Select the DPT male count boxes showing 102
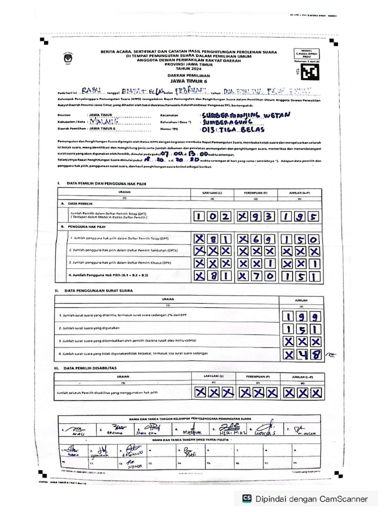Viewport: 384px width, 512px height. click(211, 216)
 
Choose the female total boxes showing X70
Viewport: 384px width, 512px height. click(256, 276)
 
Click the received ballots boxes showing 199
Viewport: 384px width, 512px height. click(300, 316)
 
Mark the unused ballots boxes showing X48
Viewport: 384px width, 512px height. click(300, 354)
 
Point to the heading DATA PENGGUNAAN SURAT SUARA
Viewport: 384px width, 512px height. click(100, 290)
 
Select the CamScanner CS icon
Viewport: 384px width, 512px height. click(246, 498)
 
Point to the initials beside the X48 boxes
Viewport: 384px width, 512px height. click(331, 355)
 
